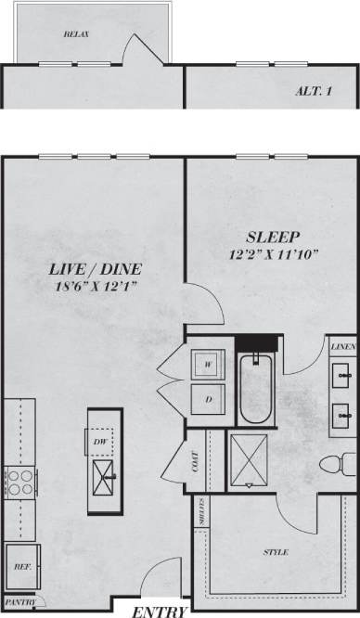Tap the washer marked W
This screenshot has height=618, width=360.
[x=209, y=365]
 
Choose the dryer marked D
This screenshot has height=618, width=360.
[x=209, y=400]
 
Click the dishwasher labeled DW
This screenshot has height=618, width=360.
[x=99, y=442]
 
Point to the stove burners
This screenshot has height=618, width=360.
[x=18, y=483]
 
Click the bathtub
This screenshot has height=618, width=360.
[x=255, y=389]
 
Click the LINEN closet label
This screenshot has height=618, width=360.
[x=341, y=346]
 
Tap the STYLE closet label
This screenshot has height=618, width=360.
[x=275, y=552]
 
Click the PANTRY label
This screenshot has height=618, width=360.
[x=20, y=602]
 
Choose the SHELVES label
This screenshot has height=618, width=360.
[x=201, y=511]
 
